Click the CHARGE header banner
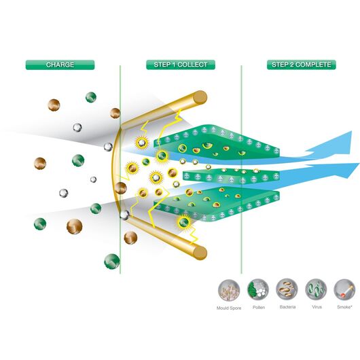click(60, 65)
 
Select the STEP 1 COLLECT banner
click(181, 65)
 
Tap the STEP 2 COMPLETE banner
click(301, 65)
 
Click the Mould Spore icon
click(229, 290)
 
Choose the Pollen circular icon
click(258, 290)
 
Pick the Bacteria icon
click(287, 290)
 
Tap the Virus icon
click(316, 290)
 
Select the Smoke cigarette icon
click(344, 290)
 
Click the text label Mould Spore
click(229, 308)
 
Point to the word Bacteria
click(287, 307)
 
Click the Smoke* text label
click(344, 307)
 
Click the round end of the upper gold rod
click(200, 98)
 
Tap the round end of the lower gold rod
click(200, 253)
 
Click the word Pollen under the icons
click(259, 307)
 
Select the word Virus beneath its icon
click(317, 307)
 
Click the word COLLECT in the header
click(192, 65)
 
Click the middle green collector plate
click(231, 177)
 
